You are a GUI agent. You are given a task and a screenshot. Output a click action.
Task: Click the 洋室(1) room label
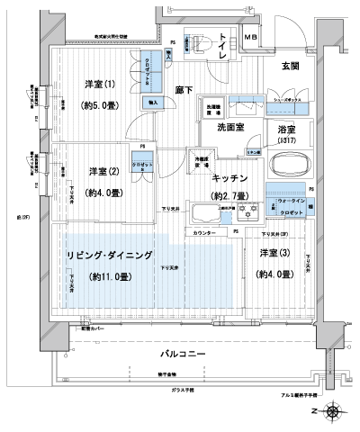pos(101,84)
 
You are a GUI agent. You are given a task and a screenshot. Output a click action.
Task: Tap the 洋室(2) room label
pos(102,171)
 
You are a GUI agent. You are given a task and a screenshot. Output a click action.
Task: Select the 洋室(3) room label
pos(274,253)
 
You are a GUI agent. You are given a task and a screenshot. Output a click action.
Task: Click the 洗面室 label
pos(232,128)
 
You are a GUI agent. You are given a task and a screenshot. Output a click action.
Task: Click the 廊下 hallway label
pos(184,89)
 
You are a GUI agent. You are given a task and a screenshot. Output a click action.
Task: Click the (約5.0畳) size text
pos(101,103)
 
